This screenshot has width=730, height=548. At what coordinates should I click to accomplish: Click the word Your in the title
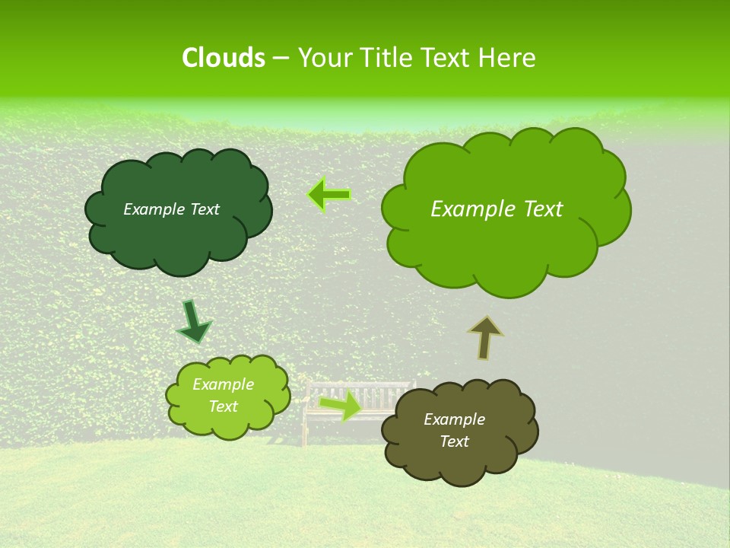pos(322,58)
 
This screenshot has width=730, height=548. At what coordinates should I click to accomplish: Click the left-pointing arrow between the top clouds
pos(329,195)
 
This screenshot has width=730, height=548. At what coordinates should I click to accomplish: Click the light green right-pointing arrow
pos(341,406)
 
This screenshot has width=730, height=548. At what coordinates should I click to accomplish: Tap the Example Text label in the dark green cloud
pos(171,209)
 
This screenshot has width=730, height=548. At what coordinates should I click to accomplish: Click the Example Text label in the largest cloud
pos(497,209)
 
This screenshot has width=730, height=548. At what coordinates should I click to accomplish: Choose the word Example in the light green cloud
pos(223,384)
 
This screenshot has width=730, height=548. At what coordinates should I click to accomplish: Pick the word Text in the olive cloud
pos(454,441)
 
